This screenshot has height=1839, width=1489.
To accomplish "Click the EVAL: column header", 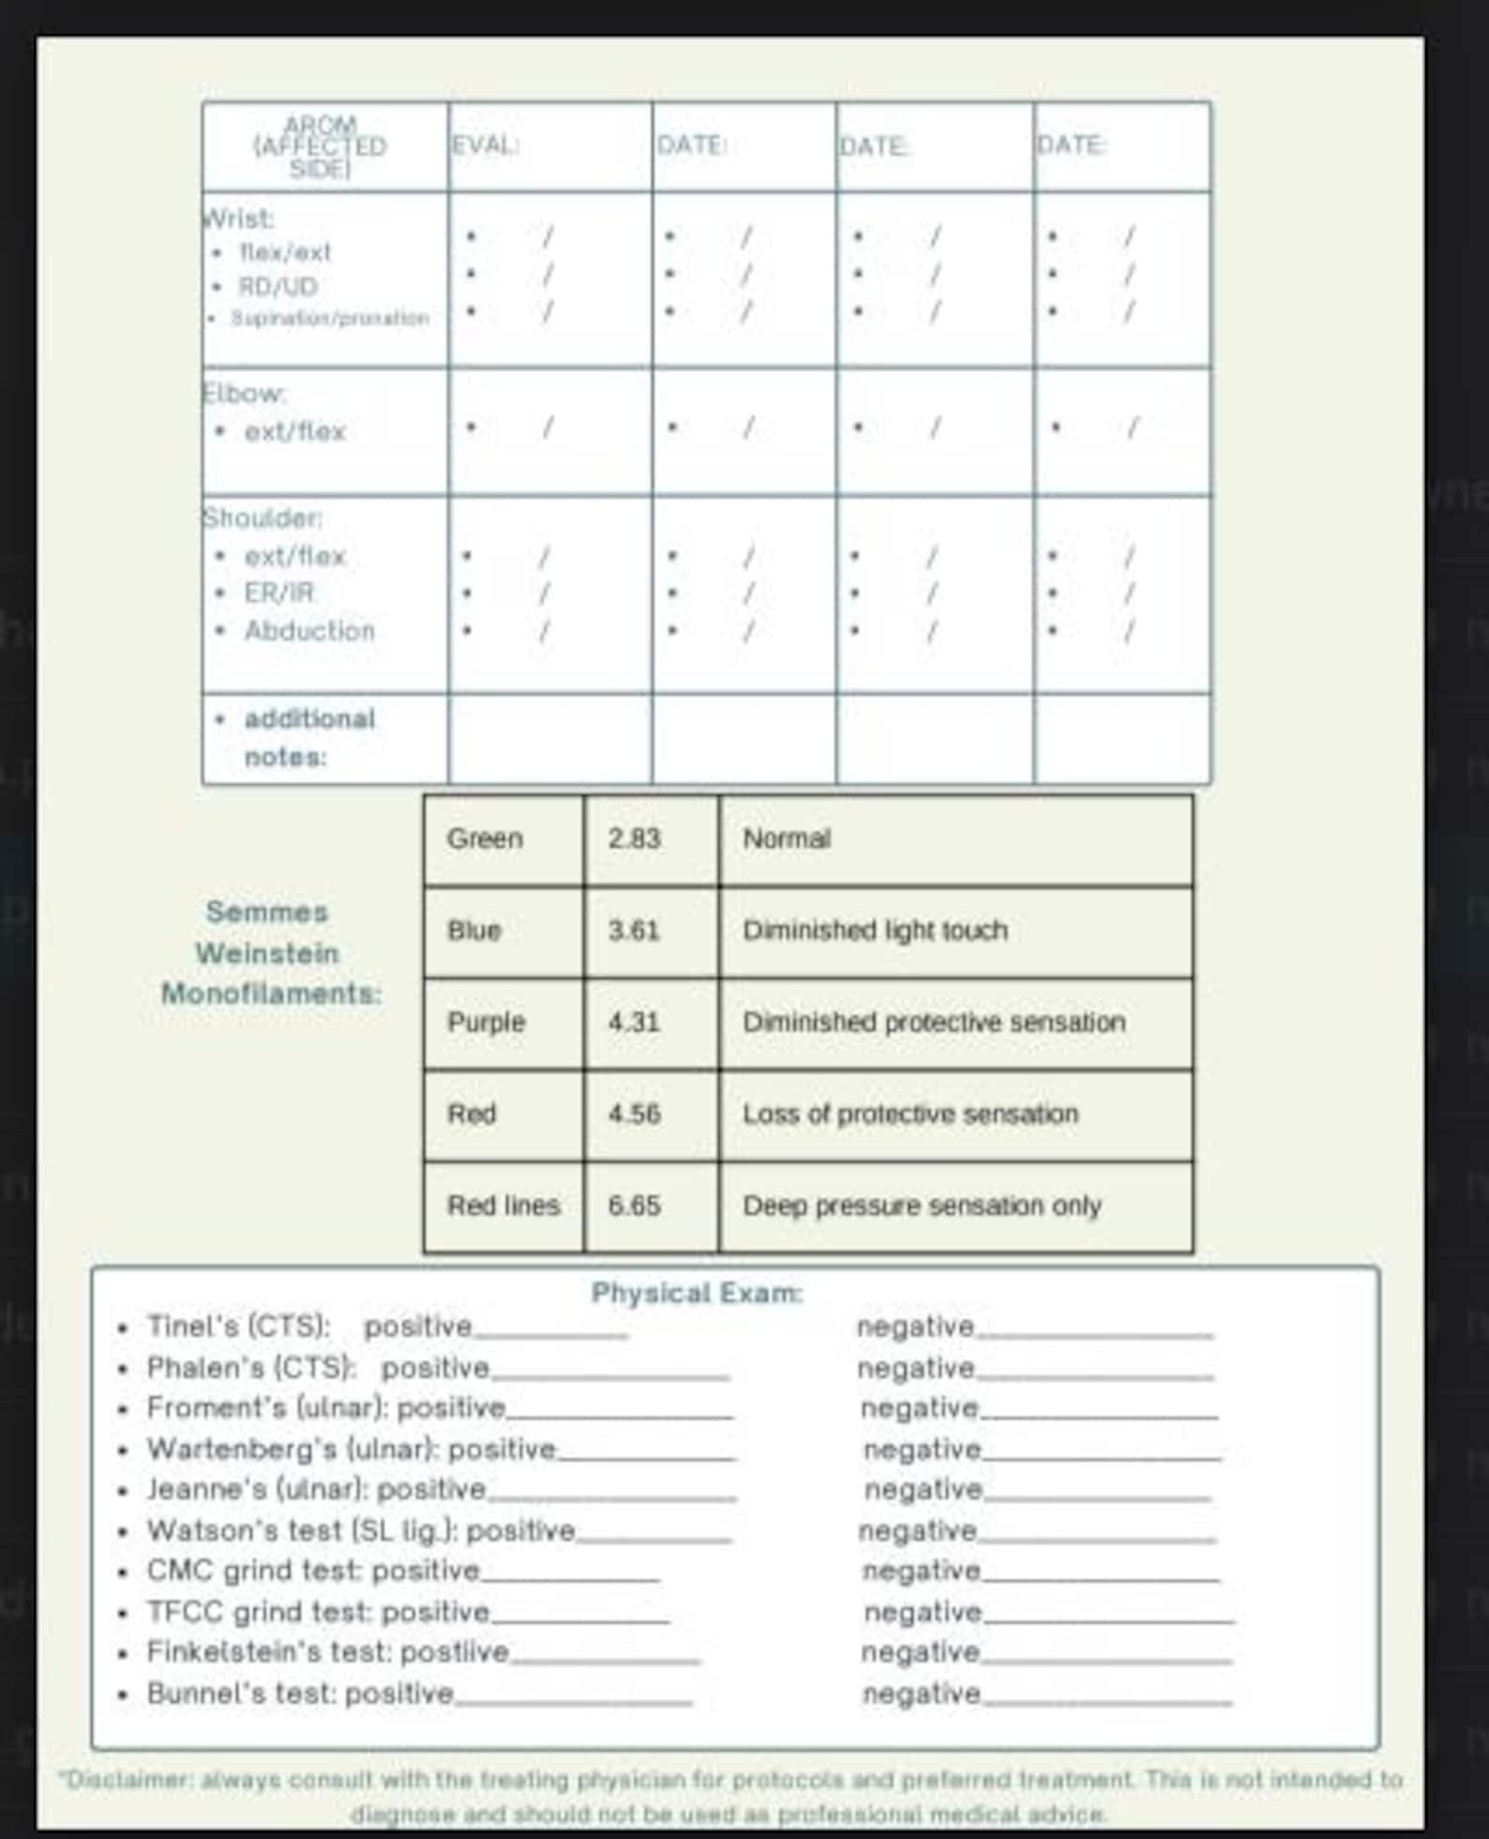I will point(486,146).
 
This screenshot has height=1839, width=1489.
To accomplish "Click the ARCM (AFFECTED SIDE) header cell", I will point(320,146).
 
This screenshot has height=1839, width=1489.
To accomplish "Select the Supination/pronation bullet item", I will point(329,318).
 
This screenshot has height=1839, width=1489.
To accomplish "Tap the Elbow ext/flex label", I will point(294,431).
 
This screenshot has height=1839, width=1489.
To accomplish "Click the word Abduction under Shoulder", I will point(309,630).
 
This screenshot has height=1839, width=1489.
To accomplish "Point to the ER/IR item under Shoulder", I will point(278,593).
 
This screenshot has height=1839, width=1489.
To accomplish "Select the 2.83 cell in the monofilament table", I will point(634,838).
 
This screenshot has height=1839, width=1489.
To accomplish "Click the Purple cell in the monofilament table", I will point(486,1022).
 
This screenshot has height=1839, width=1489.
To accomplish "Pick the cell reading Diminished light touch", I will point(875,930).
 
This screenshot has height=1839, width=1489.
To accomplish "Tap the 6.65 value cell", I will point(634,1205).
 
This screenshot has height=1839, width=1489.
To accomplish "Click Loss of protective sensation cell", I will point(910,1114).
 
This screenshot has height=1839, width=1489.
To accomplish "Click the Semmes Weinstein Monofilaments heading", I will point(270,953).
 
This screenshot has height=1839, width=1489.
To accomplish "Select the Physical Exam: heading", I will point(697,1293).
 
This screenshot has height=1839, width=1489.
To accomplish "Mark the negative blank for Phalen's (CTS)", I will point(1094,1371).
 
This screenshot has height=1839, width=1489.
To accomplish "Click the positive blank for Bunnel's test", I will point(573,1696).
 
